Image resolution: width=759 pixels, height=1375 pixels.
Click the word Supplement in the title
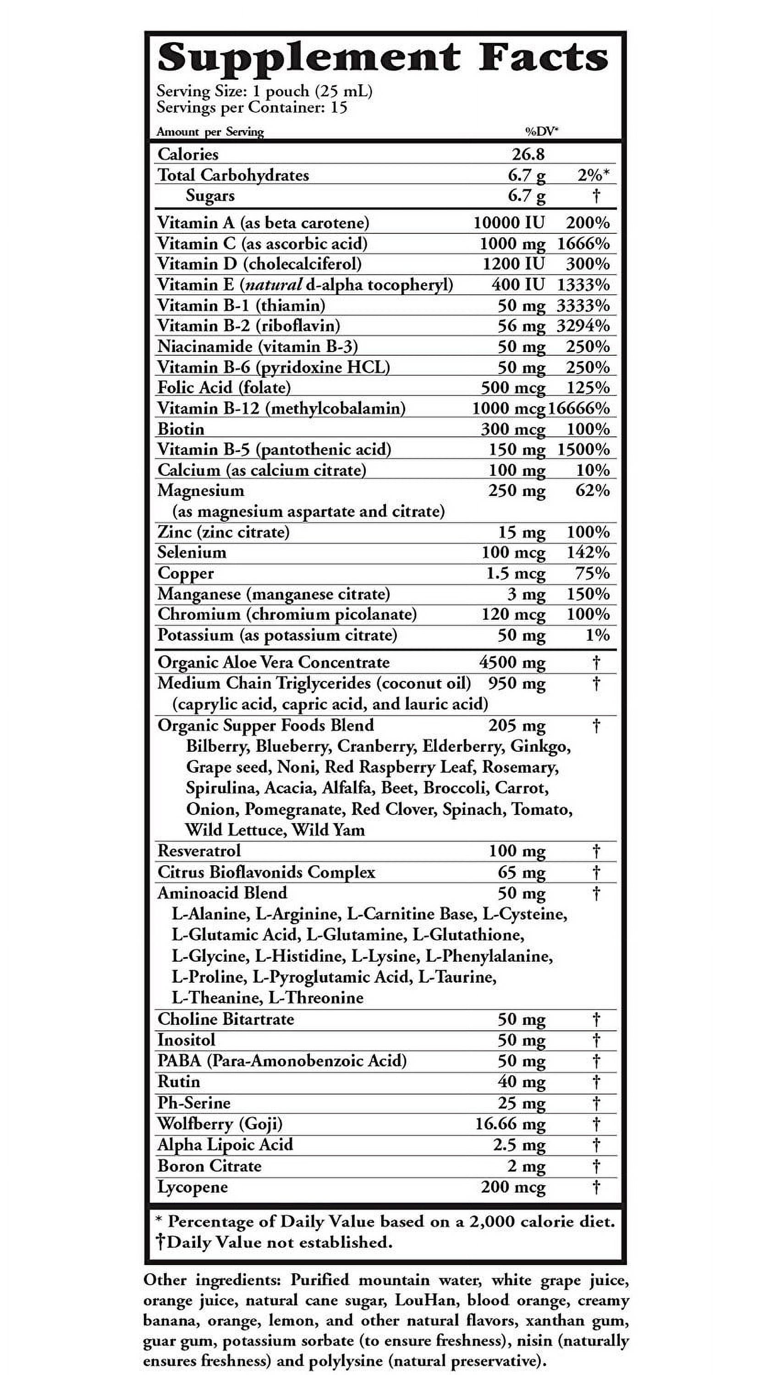pyautogui.click(x=308, y=59)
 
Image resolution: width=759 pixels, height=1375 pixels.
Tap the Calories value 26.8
pyautogui.click(x=528, y=154)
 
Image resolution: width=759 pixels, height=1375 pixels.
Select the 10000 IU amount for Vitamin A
pyautogui.click(x=509, y=223)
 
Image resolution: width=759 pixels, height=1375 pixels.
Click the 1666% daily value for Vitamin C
pyautogui.click(x=583, y=243)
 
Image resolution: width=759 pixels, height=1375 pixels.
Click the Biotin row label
pyautogui.click(x=181, y=429)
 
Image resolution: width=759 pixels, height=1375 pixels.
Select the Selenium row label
pyautogui.click(x=192, y=552)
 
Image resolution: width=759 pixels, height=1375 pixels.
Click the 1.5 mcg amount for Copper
pyautogui.click(x=516, y=573)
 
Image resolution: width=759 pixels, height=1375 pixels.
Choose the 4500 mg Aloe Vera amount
pyautogui.click(x=512, y=662)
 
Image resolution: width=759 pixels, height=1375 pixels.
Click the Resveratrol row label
pyautogui.click(x=199, y=851)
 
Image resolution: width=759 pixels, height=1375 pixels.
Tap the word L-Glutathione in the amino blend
pyautogui.click(x=468, y=935)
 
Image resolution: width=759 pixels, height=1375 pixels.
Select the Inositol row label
pyautogui.click(x=186, y=1040)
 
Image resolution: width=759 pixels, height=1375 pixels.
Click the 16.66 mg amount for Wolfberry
pyautogui.click(x=510, y=1124)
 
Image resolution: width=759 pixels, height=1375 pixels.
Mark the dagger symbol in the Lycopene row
pyautogui.click(x=596, y=1187)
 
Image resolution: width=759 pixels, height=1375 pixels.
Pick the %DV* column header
pyautogui.click(x=542, y=131)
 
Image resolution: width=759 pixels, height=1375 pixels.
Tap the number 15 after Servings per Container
pyautogui.click(x=338, y=108)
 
